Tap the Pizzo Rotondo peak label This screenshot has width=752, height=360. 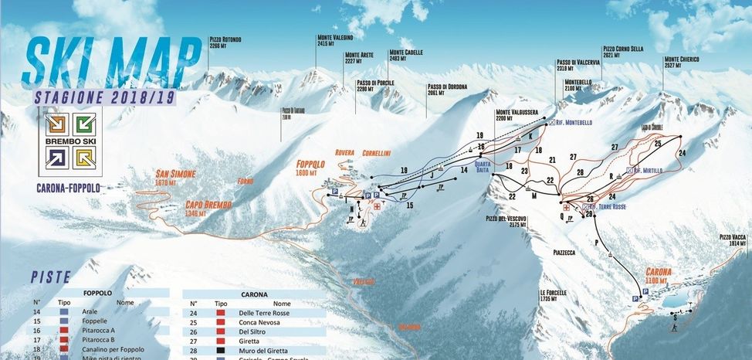pyautogui.click(x=225, y=42)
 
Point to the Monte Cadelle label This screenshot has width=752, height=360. pyautogui.click(x=407, y=55)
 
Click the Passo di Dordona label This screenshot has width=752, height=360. pyautogui.click(x=444, y=89)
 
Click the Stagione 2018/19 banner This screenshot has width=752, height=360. pyautogui.click(x=105, y=98)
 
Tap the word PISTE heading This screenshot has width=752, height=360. pyautogui.click(x=52, y=276)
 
